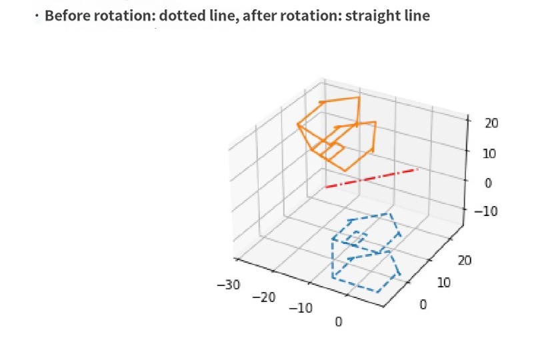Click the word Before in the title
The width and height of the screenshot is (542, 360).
66,15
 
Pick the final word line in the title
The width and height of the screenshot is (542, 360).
415,15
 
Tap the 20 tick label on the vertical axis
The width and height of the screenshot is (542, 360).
491,123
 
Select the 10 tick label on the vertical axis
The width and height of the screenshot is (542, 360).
490,153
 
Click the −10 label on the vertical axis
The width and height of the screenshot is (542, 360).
486,211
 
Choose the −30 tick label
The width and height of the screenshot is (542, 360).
228,285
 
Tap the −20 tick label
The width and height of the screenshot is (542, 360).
264,297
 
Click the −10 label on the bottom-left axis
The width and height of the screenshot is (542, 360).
301,309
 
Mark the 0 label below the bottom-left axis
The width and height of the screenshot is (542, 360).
338,322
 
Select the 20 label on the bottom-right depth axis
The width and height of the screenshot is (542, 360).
463,261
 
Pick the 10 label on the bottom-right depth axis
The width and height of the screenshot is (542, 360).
443,283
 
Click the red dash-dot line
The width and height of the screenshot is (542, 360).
371,178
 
